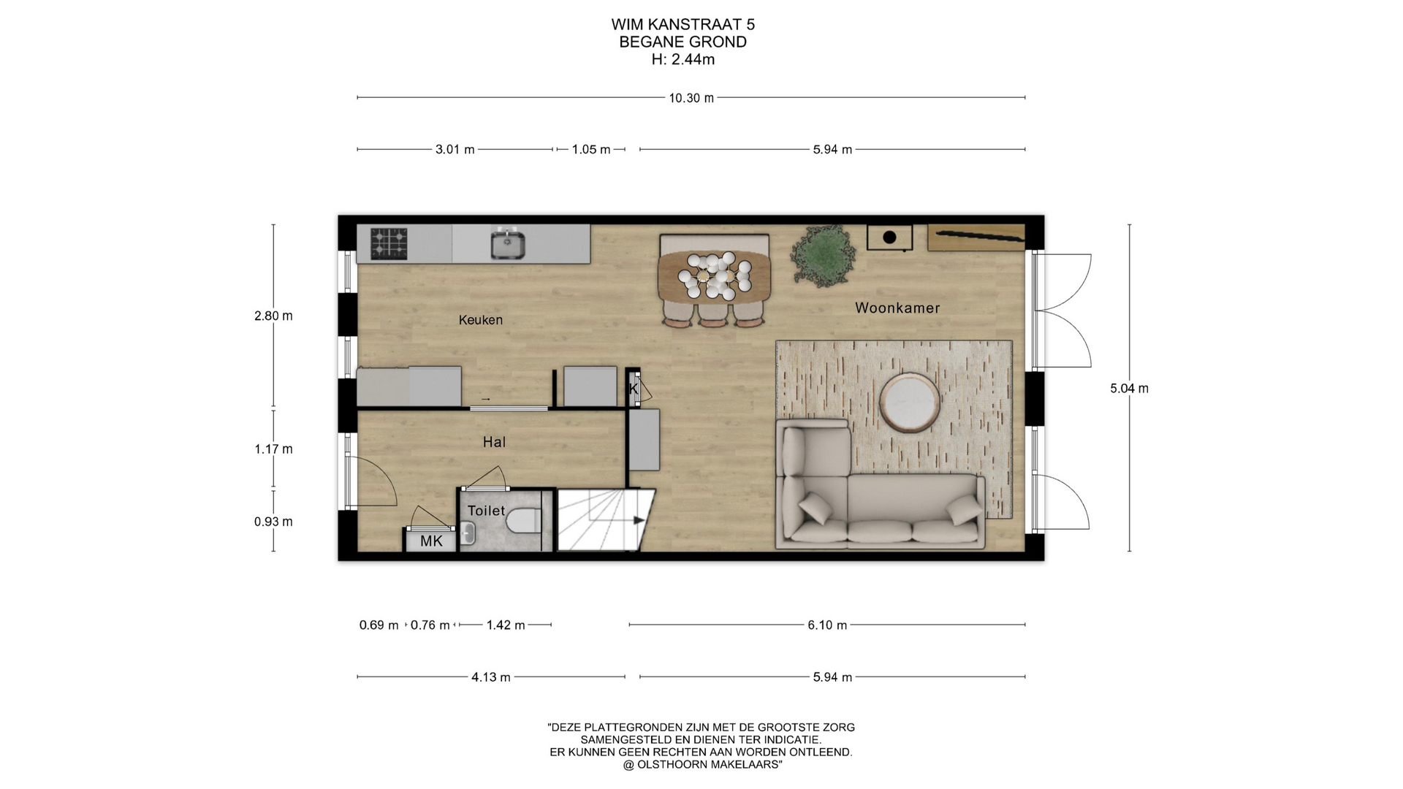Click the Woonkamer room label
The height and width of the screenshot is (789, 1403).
pyautogui.click(x=897, y=308)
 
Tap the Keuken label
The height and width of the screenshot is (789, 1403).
pyautogui.click(x=481, y=320)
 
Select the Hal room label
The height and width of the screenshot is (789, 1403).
pyautogui.click(x=494, y=442)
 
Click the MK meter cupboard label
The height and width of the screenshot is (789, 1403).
pyautogui.click(x=431, y=541)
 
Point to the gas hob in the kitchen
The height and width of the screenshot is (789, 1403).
pyautogui.click(x=389, y=244)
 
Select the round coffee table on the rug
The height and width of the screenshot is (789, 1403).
pyautogui.click(x=910, y=403)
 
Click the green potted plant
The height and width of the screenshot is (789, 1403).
pyautogui.click(x=822, y=256)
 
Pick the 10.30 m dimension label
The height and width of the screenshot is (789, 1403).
pyautogui.click(x=691, y=98)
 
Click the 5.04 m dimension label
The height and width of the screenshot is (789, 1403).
pyautogui.click(x=1129, y=389)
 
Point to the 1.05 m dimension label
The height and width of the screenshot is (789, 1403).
pyautogui.click(x=591, y=150)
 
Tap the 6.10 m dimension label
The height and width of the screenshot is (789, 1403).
pyautogui.click(x=827, y=625)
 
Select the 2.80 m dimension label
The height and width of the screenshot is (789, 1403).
pyautogui.click(x=273, y=316)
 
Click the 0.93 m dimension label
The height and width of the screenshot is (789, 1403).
pyautogui.click(x=273, y=522)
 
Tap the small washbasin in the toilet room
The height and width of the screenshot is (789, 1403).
pyautogui.click(x=468, y=534)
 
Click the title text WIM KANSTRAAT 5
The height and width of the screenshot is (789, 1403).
pyautogui.click(x=683, y=25)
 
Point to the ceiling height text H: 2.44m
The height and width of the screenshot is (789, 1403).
pyautogui.click(x=683, y=60)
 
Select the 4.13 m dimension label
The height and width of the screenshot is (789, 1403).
pyautogui.click(x=491, y=677)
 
